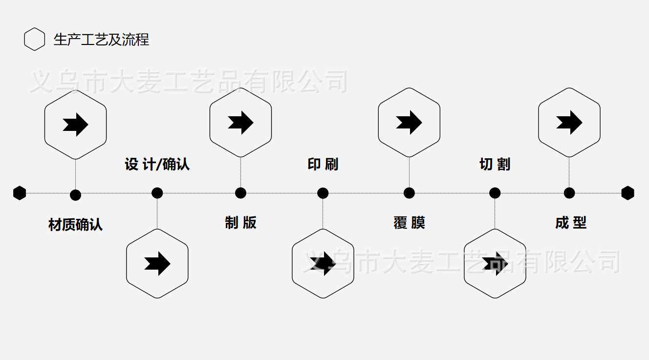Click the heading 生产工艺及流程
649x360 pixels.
coord(101,40)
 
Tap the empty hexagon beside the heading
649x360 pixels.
coord(34,40)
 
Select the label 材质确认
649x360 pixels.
coord(75,225)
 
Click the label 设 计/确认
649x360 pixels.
coord(157,164)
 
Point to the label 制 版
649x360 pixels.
coord(240,223)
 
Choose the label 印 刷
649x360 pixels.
coord(323,164)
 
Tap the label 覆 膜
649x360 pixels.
coord(409,223)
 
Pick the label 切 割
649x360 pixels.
coord(495,164)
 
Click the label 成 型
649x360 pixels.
coord(570,223)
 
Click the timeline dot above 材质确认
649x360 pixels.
coord(75,195)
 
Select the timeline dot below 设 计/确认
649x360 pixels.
coord(157,193)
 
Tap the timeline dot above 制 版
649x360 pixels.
coord(240,193)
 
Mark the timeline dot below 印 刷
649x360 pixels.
coord(323,193)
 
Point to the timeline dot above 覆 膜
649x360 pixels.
coord(409,193)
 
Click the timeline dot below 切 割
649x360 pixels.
coord(495,193)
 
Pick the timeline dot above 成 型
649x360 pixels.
coord(569,193)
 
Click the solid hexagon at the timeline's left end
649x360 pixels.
coord(20,193)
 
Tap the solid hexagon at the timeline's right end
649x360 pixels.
coord(627,193)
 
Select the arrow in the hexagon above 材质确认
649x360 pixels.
coord(75,124)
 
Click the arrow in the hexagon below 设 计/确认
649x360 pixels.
coord(157,264)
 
